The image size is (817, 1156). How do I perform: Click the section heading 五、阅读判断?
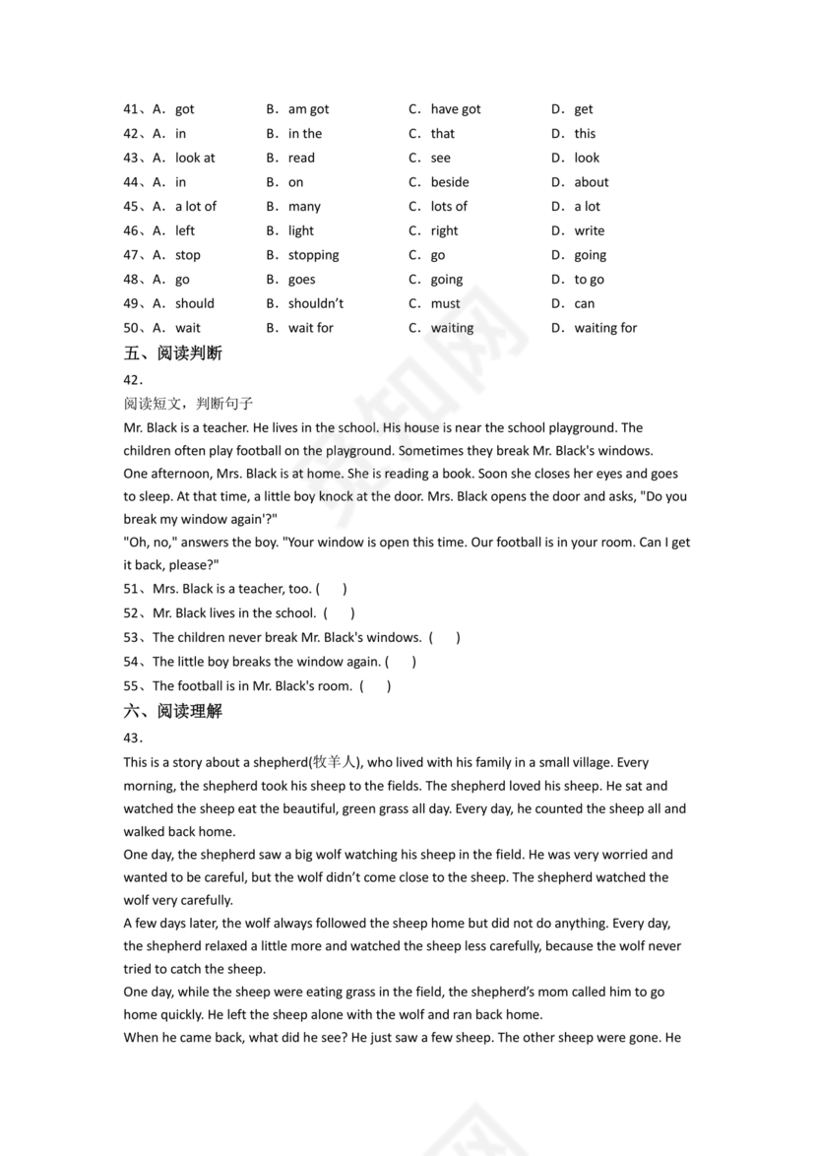(x=172, y=353)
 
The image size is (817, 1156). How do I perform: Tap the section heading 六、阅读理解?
(x=172, y=711)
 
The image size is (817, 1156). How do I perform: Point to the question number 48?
(x=133, y=280)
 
